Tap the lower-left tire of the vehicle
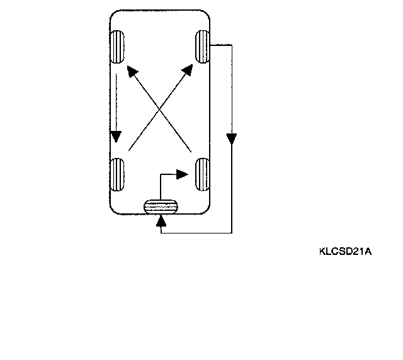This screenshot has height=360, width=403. pos(117,174)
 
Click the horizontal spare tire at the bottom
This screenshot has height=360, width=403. pos(161,206)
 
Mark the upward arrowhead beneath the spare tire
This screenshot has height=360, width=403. pos(162,220)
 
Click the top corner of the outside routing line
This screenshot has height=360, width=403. pos(232,45)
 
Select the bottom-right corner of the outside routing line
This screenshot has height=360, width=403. pos(232,233)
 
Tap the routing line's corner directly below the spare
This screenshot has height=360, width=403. pos(162,233)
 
